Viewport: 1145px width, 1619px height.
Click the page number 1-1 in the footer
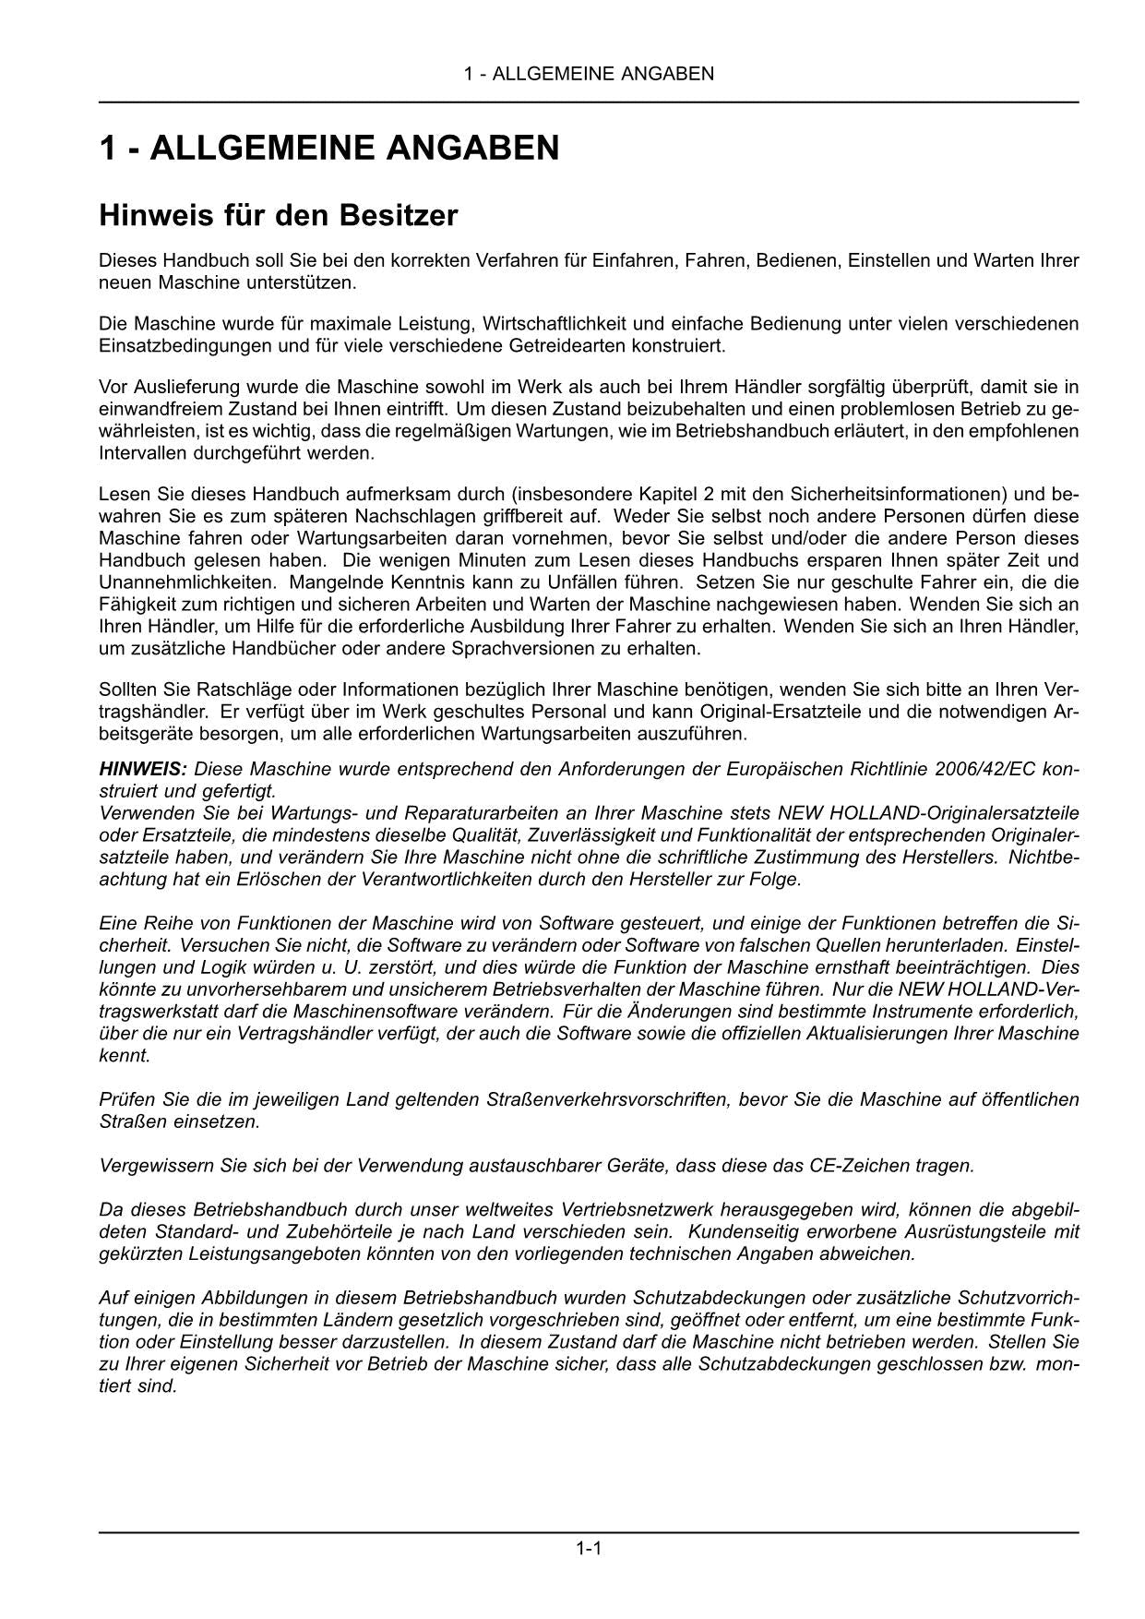click(x=589, y=1548)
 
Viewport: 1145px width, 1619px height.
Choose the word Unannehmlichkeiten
click(x=187, y=582)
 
